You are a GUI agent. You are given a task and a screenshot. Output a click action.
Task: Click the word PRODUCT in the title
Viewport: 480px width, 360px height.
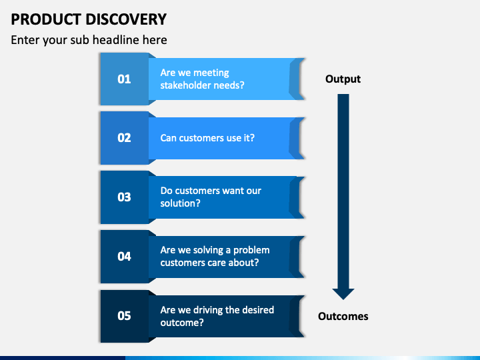click(46, 19)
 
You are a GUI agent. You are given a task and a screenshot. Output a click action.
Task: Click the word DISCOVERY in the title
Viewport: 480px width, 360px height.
click(126, 19)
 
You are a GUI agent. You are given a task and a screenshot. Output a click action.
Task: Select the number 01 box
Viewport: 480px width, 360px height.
click(125, 79)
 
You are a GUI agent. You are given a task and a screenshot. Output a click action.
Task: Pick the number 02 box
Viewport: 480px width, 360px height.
click(125, 138)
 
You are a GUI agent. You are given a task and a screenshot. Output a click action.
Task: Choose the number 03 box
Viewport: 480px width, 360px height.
click(125, 197)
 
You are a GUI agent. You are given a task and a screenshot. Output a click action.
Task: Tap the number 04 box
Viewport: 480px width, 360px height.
click(125, 257)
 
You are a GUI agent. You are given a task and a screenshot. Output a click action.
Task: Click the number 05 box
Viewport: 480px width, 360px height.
click(125, 316)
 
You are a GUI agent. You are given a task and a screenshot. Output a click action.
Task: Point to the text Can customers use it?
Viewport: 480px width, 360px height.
click(207, 138)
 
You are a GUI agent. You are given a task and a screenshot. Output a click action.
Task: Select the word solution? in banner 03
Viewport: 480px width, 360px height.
click(180, 203)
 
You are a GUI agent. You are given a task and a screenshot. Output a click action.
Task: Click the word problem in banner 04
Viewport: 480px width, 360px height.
click(251, 251)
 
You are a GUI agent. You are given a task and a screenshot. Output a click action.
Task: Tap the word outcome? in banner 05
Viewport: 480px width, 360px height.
click(182, 323)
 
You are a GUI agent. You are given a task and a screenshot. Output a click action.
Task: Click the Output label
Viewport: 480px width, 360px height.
click(343, 79)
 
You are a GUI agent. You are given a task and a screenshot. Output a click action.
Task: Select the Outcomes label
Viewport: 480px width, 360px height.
click(343, 316)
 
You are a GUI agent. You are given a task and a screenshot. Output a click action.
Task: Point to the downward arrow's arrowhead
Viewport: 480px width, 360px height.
click(343, 294)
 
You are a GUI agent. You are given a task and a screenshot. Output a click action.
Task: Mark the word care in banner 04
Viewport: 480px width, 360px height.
click(217, 263)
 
